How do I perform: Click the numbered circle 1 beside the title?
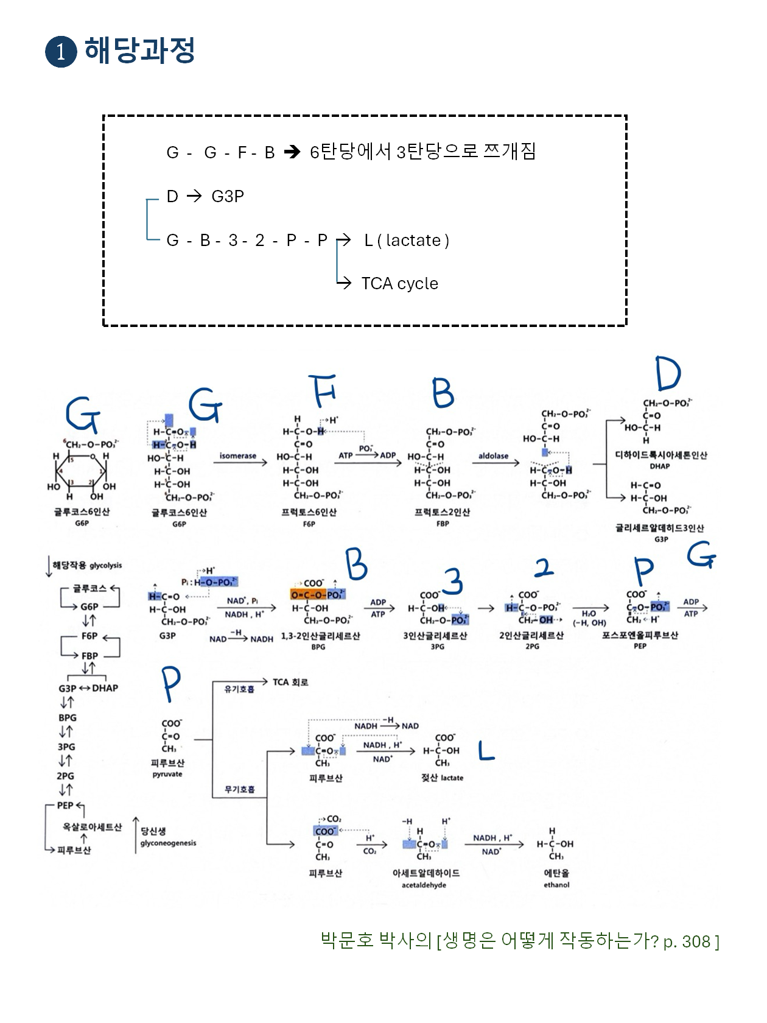tap(61, 51)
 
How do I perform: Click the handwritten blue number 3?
tap(453, 581)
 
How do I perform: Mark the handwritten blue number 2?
tap(544, 568)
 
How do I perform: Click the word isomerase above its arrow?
tap(238, 455)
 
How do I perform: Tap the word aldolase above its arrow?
tap(493, 455)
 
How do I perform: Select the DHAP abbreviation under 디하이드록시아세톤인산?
tap(660, 466)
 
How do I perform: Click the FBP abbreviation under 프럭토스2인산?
tap(443, 524)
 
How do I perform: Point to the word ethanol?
tap(556, 885)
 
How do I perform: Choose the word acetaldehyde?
tap(424, 885)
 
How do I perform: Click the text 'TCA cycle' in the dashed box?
tap(399, 284)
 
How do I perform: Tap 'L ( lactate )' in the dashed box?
tap(407, 241)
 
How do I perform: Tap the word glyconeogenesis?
tap(168, 843)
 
